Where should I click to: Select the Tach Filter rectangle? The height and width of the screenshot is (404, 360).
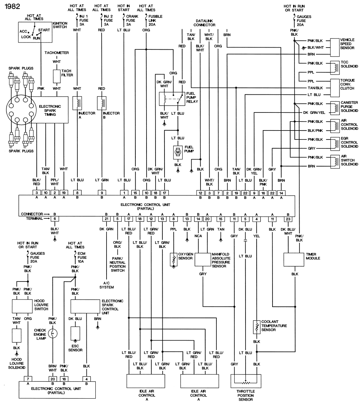[x=57, y=76]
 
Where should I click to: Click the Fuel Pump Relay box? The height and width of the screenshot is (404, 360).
[x=172, y=98]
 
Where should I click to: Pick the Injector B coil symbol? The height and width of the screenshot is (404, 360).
[x=103, y=103]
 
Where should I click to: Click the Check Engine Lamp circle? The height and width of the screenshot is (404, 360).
[x=53, y=334]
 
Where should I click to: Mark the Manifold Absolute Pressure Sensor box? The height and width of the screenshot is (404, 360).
[x=203, y=259]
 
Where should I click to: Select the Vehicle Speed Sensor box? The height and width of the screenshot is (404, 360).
[x=334, y=47]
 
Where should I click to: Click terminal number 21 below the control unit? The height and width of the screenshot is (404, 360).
[x=107, y=219]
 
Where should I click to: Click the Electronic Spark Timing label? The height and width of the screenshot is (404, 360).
[x=50, y=110]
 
